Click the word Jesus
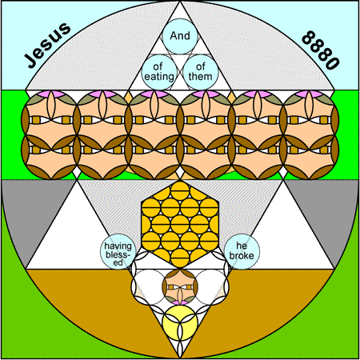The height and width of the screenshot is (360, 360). (x=47, y=45)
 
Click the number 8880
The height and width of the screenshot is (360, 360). (x=321, y=50)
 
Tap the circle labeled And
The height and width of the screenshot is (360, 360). (x=180, y=36)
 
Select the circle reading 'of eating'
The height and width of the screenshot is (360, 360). (x=159, y=72)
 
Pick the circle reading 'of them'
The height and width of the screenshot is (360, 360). (x=201, y=72)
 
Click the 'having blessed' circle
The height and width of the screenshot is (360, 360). (x=118, y=251)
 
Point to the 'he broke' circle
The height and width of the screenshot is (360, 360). (x=242, y=251)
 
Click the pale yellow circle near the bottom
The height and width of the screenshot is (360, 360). (x=180, y=323)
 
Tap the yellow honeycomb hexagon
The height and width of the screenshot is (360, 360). (x=180, y=224)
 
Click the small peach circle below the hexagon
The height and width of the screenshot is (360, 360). (x=180, y=287)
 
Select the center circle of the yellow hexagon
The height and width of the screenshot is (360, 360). (x=180, y=224)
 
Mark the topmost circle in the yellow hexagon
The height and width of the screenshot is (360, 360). (x=180, y=190)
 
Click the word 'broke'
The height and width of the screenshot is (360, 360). (x=242, y=256)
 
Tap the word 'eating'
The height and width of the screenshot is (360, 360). (x=159, y=77)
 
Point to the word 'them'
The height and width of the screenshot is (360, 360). (x=201, y=77)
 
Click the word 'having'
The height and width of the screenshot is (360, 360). (x=118, y=246)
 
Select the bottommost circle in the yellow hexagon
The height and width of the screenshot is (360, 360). (x=180, y=258)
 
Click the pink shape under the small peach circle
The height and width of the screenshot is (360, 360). (x=180, y=302)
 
